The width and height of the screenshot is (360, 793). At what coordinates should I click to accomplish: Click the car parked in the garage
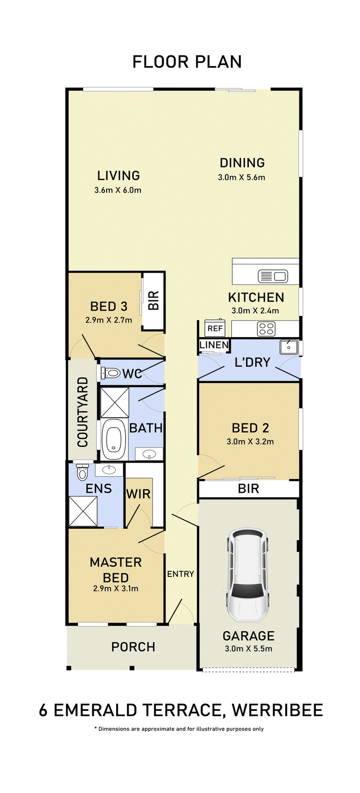click(248, 575)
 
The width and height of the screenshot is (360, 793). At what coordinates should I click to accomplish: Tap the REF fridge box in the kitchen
click(215, 328)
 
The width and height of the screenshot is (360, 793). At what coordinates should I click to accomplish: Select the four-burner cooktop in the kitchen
click(266, 329)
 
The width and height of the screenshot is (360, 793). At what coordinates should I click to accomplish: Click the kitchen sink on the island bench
click(273, 276)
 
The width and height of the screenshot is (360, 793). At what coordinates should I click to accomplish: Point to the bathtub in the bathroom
click(113, 439)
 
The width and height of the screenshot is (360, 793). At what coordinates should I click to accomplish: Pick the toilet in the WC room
click(111, 373)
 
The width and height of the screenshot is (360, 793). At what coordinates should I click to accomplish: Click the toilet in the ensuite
click(82, 473)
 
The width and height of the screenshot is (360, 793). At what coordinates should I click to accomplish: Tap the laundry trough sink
click(288, 347)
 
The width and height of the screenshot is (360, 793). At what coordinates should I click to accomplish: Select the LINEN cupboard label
click(214, 345)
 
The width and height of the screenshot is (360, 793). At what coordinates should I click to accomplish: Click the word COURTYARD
click(83, 412)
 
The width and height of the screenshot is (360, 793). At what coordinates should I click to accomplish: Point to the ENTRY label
click(180, 574)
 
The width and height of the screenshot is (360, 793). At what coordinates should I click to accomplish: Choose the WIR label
click(138, 494)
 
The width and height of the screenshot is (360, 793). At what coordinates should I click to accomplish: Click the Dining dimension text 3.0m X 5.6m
click(242, 177)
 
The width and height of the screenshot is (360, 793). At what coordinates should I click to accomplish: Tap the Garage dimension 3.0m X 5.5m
click(248, 649)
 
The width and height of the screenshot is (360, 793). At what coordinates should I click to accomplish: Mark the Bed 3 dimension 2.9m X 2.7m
click(109, 320)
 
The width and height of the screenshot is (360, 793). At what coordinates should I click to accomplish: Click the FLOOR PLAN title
click(187, 62)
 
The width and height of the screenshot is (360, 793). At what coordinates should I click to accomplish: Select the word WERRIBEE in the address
click(277, 710)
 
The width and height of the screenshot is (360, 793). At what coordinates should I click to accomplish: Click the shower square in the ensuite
click(83, 511)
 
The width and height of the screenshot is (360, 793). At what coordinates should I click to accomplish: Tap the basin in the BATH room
click(149, 454)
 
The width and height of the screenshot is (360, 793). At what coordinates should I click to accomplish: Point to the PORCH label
click(133, 647)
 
